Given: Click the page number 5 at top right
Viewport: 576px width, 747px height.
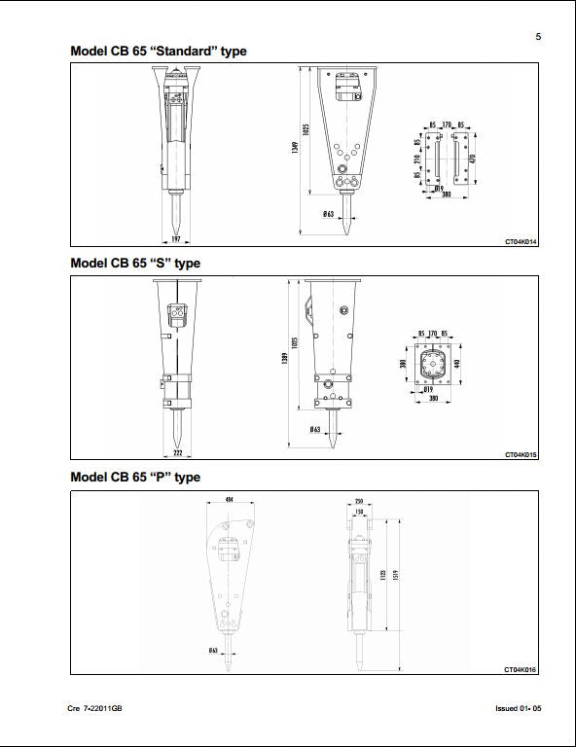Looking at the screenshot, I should tap(538, 37).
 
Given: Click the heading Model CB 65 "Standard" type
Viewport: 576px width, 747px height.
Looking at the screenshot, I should tap(159, 51).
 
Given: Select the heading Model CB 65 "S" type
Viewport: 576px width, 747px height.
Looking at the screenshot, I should tap(135, 263).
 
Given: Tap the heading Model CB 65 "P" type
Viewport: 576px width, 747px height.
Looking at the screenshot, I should tap(135, 477).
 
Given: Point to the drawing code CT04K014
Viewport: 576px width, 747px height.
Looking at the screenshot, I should tap(521, 240).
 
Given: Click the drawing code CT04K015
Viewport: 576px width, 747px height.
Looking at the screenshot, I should tap(521, 454).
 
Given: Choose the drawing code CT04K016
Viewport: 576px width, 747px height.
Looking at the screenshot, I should tap(521, 669).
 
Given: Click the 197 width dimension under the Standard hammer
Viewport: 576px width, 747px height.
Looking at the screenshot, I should tap(176, 239).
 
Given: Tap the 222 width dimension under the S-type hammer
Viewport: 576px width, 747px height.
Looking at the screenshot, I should tap(177, 453).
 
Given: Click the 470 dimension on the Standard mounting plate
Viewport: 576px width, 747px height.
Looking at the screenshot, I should tap(473, 159).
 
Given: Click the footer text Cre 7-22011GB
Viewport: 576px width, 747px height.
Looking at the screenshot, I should tap(95, 708).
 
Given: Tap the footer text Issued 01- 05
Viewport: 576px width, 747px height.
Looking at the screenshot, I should tap(518, 708).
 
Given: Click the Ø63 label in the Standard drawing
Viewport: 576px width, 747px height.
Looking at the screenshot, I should tap(329, 212).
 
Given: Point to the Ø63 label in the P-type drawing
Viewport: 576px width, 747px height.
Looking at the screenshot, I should tap(213, 650).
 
